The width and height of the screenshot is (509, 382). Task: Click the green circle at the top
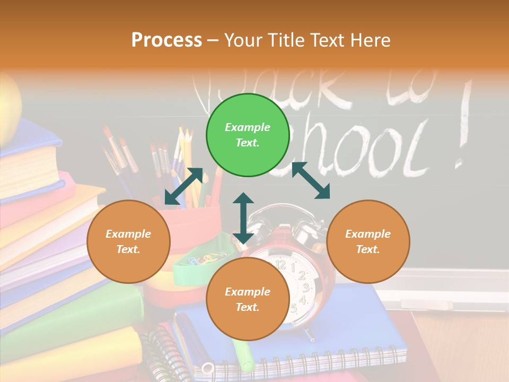[248, 135]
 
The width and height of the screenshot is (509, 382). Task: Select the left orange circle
[128, 241]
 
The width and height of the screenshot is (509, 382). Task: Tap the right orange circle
[368, 241]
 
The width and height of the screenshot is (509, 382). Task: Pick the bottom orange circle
[248, 299]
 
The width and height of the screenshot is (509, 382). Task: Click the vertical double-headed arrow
[243, 219]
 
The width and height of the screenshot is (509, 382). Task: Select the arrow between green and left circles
[183, 186]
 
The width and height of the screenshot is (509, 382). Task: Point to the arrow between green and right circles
[311, 180]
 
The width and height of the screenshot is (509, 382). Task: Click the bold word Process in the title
[166, 40]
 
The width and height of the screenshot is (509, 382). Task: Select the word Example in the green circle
[248, 127]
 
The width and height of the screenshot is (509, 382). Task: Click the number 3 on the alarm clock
[306, 288]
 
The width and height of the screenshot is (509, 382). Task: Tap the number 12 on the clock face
[280, 264]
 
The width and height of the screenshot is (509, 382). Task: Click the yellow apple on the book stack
[10, 109]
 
